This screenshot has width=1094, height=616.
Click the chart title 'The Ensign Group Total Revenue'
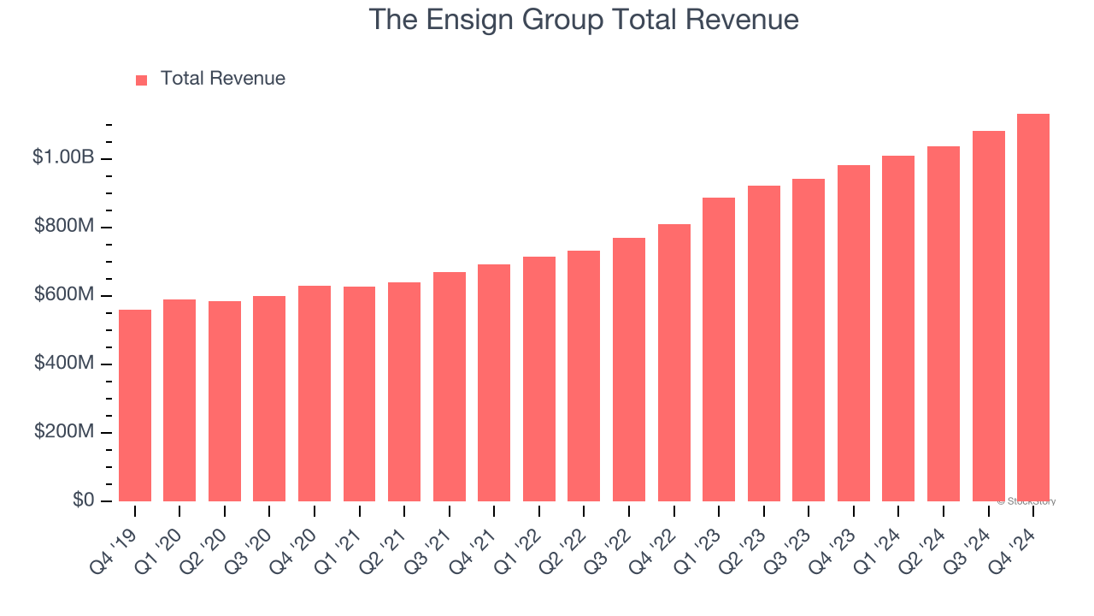click(584, 20)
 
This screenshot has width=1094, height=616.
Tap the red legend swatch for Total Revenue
click(141, 80)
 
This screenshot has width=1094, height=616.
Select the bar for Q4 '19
click(135, 406)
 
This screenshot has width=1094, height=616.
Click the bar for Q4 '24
click(1033, 308)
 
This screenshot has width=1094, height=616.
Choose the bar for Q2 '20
click(225, 401)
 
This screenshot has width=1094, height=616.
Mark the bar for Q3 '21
click(450, 387)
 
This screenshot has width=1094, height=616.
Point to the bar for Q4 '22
click(674, 363)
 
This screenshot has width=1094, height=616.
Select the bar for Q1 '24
click(898, 329)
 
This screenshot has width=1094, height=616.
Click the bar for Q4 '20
click(315, 394)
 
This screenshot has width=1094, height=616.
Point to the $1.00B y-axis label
click(63, 157)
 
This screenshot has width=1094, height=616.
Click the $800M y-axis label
click(64, 226)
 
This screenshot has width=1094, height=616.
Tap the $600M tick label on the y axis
click(64, 294)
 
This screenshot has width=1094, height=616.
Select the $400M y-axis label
click(64, 363)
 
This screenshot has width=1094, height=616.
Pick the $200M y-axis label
click(64, 431)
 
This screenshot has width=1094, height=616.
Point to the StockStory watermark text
click(1028, 501)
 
